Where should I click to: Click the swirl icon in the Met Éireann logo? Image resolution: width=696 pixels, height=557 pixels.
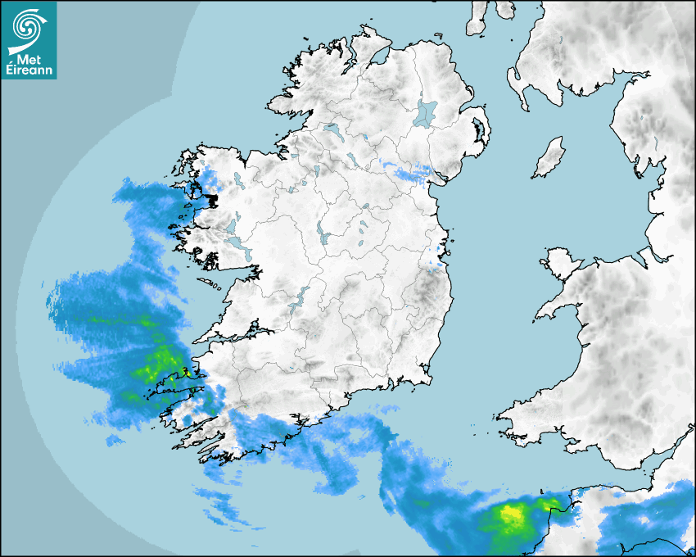tap(27, 25)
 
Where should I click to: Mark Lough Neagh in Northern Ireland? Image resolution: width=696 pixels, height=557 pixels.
tap(426, 113)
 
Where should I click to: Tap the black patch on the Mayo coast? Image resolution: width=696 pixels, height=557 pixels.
tap(213, 199)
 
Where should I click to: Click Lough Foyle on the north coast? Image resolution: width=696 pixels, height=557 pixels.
tap(378, 58)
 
